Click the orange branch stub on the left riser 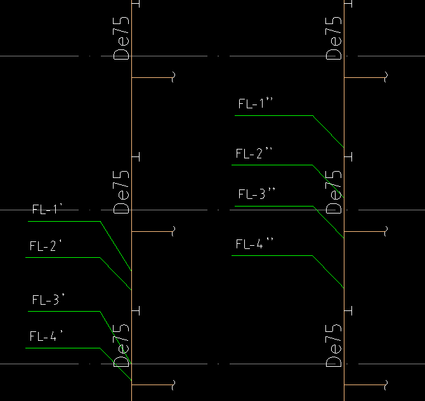coord(152,78)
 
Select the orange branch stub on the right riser coord(364,78)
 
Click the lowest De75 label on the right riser coord(334,345)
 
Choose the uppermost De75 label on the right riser coord(334,38)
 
